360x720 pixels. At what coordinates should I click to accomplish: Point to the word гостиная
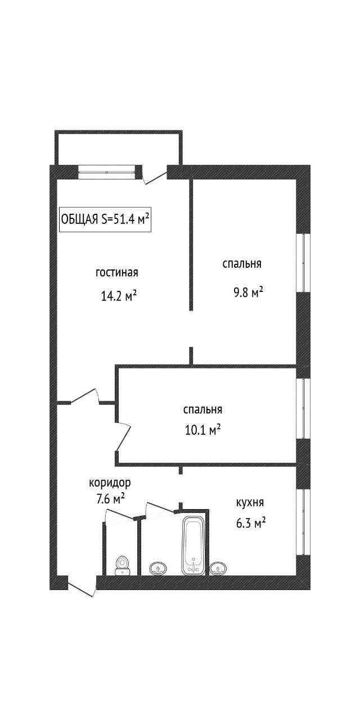coord(117,273)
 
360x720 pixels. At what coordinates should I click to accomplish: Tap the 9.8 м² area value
coord(248,292)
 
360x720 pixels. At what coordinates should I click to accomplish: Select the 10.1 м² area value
coord(203,429)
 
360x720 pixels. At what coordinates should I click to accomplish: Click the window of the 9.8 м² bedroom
coord(303,263)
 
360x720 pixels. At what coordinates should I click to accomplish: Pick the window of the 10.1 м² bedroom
coord(303,408)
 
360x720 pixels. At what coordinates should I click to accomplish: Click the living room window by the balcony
coord(106,172)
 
